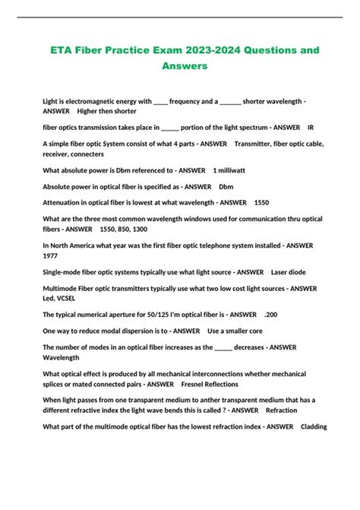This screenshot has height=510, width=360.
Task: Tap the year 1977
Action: coord(50,255)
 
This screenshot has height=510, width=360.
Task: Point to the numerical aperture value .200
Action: coord(270,314)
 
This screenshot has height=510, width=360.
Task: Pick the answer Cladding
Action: coord(314,426)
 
